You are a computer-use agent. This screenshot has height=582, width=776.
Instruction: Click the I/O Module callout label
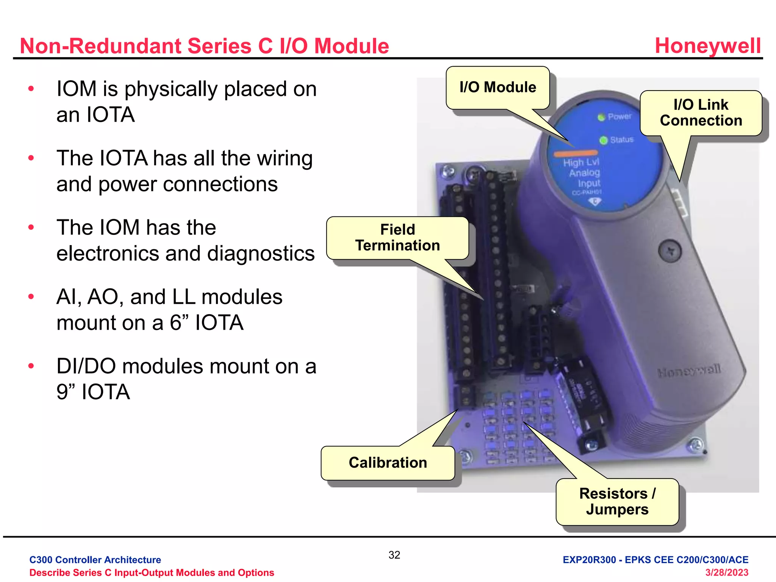click(x=498, y=88)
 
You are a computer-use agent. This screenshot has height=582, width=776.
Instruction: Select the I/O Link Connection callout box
click(x=701, y=113)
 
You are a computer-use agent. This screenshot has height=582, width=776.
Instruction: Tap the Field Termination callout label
click(x=397, y=238)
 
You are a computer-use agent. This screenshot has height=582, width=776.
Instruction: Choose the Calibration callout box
click(x=388, y=463)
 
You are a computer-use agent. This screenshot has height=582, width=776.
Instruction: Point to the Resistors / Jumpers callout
click(x=617, y=501)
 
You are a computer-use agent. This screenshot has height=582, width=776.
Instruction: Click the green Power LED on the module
click(x=601, y=117)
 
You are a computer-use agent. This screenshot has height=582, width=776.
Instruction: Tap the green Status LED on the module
click(x=603, y=141)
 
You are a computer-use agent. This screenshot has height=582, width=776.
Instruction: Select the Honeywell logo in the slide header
click(x=707, y=46)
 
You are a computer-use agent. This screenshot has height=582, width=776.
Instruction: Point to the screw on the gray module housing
click(x=670, y=251)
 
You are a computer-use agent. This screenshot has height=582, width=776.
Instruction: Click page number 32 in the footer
click(x=394, y=555)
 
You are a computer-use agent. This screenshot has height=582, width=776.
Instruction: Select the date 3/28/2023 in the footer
click(x=726, y=573)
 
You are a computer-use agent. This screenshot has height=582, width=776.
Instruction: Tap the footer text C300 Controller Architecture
click(x=95, y=560)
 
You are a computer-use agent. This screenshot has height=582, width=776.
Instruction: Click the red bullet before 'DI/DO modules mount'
click(x=31, y=366)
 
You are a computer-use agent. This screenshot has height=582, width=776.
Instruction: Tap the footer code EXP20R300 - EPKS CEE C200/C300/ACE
click(x=655, y=560)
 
